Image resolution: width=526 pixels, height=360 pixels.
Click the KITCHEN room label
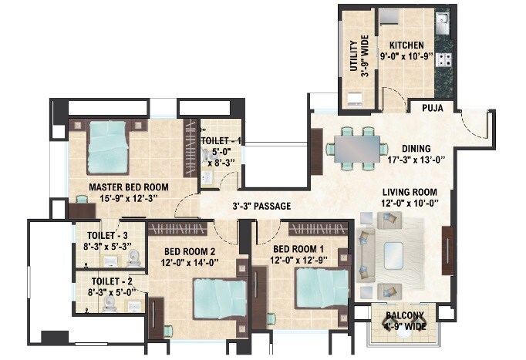click(403, 45)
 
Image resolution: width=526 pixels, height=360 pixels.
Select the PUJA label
click(432, 108)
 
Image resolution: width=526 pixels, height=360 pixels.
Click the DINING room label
click(416, 149)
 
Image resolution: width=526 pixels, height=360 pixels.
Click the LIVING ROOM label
click(410, 192)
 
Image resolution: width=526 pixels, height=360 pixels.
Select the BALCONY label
click(393, 315)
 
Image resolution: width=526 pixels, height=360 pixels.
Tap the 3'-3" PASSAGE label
click(262, 206)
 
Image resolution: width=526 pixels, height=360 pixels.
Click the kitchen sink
click(443, 21)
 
